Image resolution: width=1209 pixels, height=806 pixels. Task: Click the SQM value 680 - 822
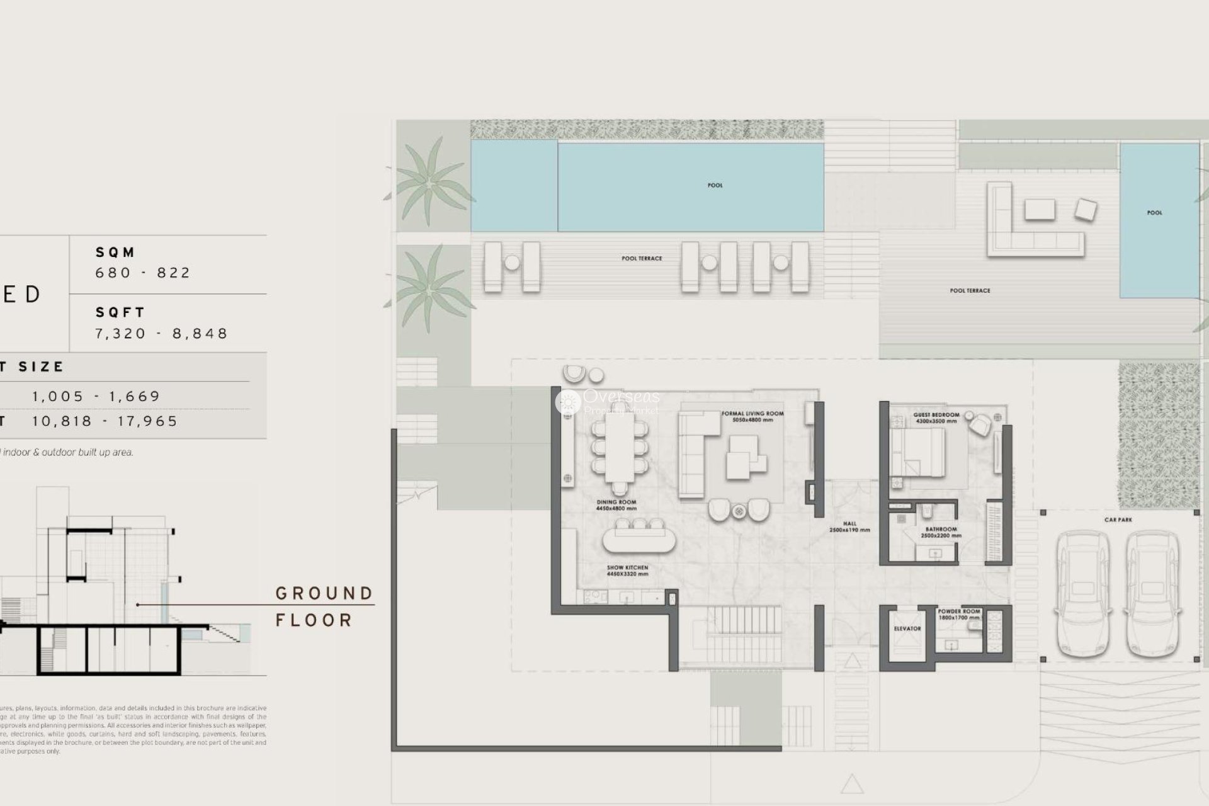coord(143,273)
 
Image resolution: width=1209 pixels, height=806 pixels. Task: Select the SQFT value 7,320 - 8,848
coord(161,333)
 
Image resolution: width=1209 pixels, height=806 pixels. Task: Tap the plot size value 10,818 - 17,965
coord(105,421)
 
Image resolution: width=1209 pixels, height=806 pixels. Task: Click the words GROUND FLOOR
coord(324,606)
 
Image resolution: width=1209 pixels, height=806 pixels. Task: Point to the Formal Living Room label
coord(752,416)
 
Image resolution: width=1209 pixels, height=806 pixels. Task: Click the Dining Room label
coord(616,505)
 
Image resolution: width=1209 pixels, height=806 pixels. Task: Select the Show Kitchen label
coord(627,570)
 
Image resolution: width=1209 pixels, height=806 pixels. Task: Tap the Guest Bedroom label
coord(936,417)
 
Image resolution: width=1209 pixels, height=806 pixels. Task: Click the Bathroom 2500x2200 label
coord(941,532)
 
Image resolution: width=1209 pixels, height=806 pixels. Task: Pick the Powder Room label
coord(958,614)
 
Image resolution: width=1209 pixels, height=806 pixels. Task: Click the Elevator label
coord(907,628)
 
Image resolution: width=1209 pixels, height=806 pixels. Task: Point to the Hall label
coord(849,526)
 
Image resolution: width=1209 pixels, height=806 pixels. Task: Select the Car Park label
coord(1118,519)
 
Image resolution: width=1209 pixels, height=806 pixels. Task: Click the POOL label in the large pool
coord(715,185)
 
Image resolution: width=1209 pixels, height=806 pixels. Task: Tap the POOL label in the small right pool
coord(1154,213)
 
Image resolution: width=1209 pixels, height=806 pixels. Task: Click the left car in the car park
coord(1082,595)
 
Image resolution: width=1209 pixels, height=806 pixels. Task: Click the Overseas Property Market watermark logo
coord(607,402)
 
